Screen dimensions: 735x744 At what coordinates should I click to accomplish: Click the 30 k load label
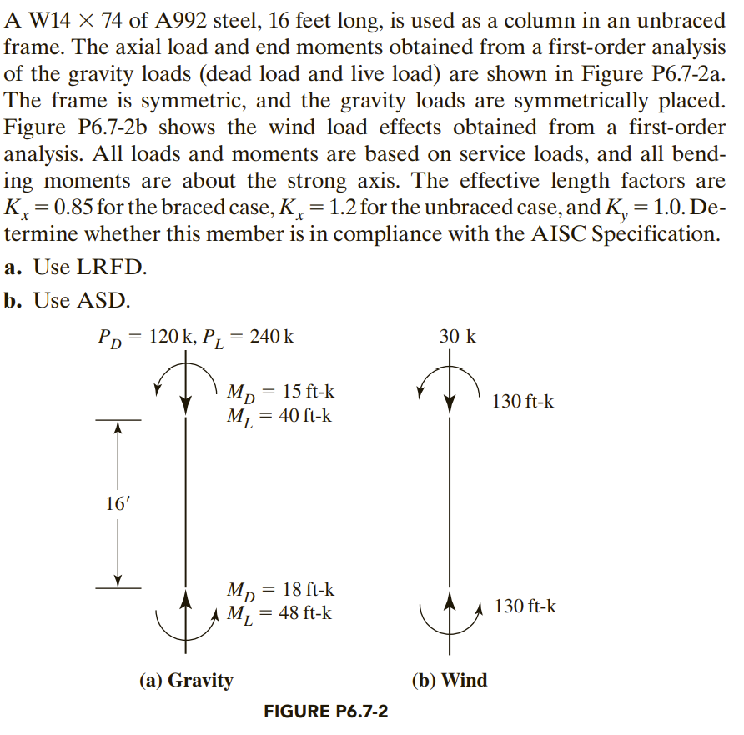click(x=458, y=337)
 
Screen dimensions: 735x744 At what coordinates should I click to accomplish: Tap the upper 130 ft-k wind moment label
click(x=522, y=402)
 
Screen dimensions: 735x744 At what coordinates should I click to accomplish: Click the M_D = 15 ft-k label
click(x=282, y=392)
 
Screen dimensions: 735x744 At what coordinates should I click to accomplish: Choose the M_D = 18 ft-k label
click(x=281, y=590)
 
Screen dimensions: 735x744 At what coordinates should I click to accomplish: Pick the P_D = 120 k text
click(x=144, y=337)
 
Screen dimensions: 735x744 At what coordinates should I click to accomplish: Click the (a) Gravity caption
click(x=186, y=680)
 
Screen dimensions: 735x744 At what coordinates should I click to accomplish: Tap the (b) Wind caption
click(x=450, y=680)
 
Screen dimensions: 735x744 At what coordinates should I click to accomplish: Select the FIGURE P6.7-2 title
click(x=325, y=712)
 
